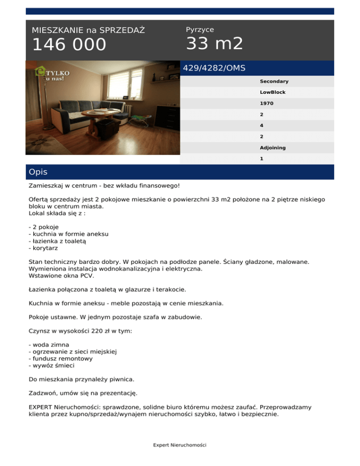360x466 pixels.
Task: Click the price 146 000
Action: (x=69, y=45)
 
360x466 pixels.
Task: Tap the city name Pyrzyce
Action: (x=200, y=30)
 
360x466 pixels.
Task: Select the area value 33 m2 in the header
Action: (x=214, y=44)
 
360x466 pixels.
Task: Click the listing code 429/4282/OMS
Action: (x=214, y=68)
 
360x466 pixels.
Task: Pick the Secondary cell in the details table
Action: (x=274, y=82)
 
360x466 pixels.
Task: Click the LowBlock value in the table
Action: (x=272, y=92)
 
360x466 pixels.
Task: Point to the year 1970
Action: (x=266, y=104)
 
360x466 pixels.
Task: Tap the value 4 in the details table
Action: (x=262, y=126)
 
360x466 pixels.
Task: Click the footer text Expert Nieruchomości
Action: (x=180, y=444)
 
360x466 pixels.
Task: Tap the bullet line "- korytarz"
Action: (x=44, y=248)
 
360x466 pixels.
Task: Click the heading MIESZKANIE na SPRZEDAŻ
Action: (x=88, y=30)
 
